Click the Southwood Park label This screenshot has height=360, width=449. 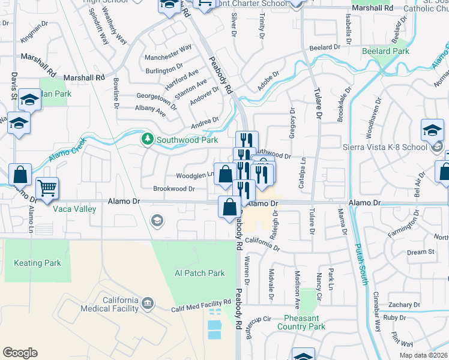(x=187, y=140)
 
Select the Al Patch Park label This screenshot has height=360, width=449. (x=199, y=273)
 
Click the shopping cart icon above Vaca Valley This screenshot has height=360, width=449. (x=47, y=188)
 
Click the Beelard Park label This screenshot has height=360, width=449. (x=385, y=52)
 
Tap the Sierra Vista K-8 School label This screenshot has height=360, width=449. (x=384, y=147)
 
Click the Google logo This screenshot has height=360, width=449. (x=20, y=353)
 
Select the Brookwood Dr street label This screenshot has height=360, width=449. (x=174, y=188)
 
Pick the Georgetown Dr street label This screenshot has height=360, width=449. (x=157, y=96)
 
